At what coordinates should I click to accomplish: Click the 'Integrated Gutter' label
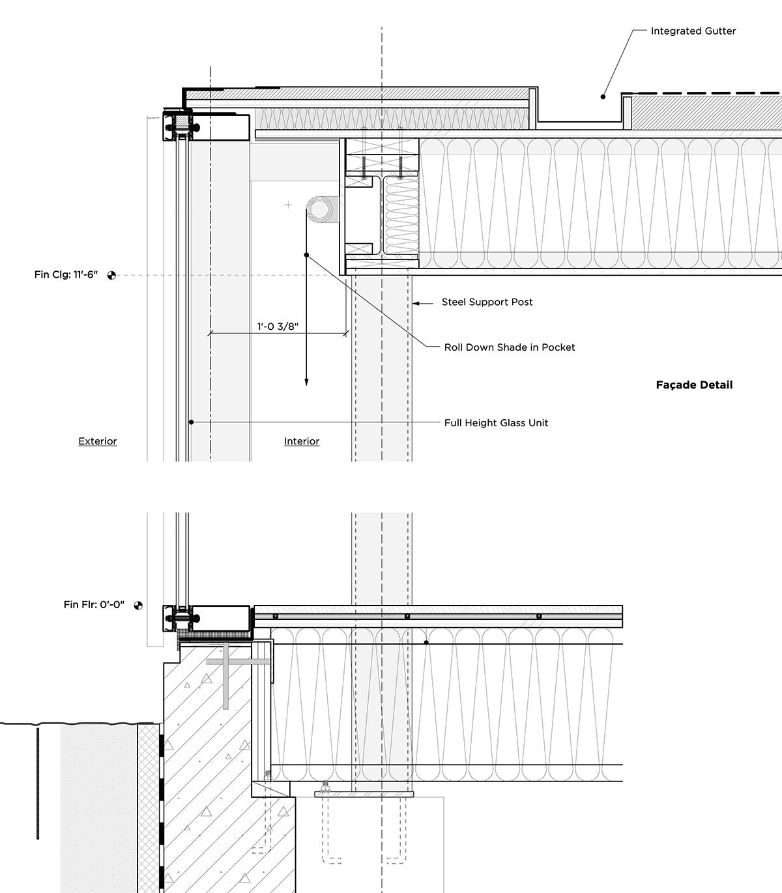[x=693, y=31]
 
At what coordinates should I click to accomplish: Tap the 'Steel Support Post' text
[x=487, y=302]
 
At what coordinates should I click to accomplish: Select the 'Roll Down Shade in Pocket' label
[x=510, y=347]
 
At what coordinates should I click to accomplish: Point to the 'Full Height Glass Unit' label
[x=496, y=423]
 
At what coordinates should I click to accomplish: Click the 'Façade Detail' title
[x=694, y=385]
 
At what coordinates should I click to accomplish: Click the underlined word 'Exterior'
[x=98, y=441]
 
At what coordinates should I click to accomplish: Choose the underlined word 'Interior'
[x=302, y=441]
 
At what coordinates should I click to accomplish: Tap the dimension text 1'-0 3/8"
[x=277, y=326]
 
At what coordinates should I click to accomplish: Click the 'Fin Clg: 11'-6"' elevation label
[x=66, y=275]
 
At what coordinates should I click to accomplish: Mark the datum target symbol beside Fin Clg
[x=111, y=275]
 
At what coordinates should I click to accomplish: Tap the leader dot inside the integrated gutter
[x=603, y=96]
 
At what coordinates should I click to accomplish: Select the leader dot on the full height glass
[x=191, y=422]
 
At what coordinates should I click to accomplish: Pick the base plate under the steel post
[x=364, y=795]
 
